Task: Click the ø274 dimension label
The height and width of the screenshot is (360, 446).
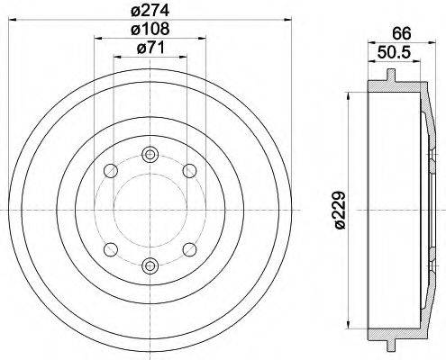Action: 150,12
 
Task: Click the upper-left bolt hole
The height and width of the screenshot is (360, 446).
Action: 110,169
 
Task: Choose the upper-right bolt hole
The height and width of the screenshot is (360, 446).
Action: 189,169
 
